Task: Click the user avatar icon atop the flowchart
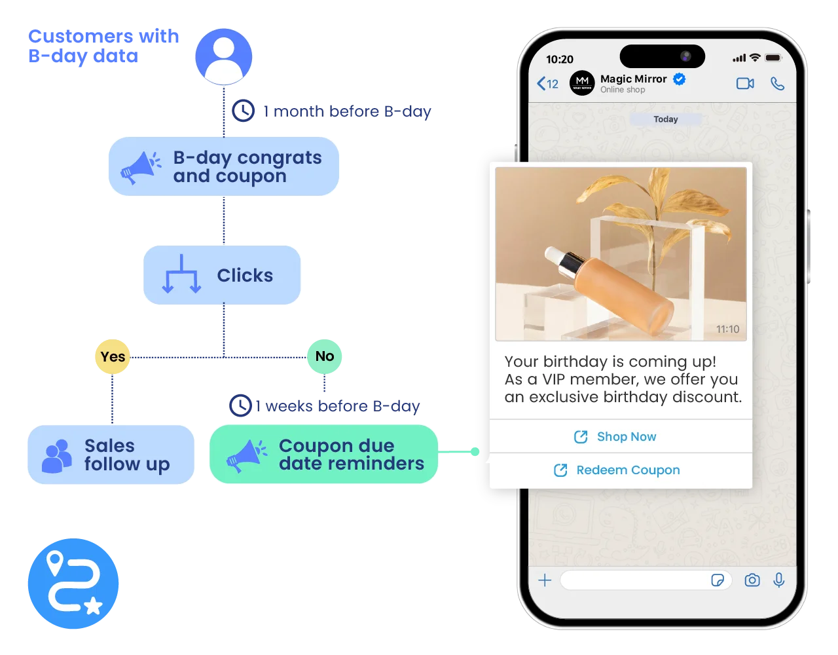coord(223,56)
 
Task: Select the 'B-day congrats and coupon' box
coord(224,167)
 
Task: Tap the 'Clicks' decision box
coord(223,275)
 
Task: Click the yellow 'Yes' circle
coord(113,356)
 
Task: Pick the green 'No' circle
coord(325,356)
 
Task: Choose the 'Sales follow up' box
coord(111,455)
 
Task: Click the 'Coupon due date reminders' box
coord(323,455)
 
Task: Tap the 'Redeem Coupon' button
coord(620,470)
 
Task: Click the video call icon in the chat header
coord(745,84)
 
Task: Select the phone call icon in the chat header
coord(777,84)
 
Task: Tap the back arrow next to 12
coord(541,84)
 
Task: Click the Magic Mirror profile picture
coord(582,83)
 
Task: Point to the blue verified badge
coord(680,79)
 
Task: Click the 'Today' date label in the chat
coord(665,119)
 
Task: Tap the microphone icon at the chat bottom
coord(778,580)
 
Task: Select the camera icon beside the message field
coord(752,580)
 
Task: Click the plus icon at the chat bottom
coord(545,580)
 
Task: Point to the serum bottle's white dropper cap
coord(551,254)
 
